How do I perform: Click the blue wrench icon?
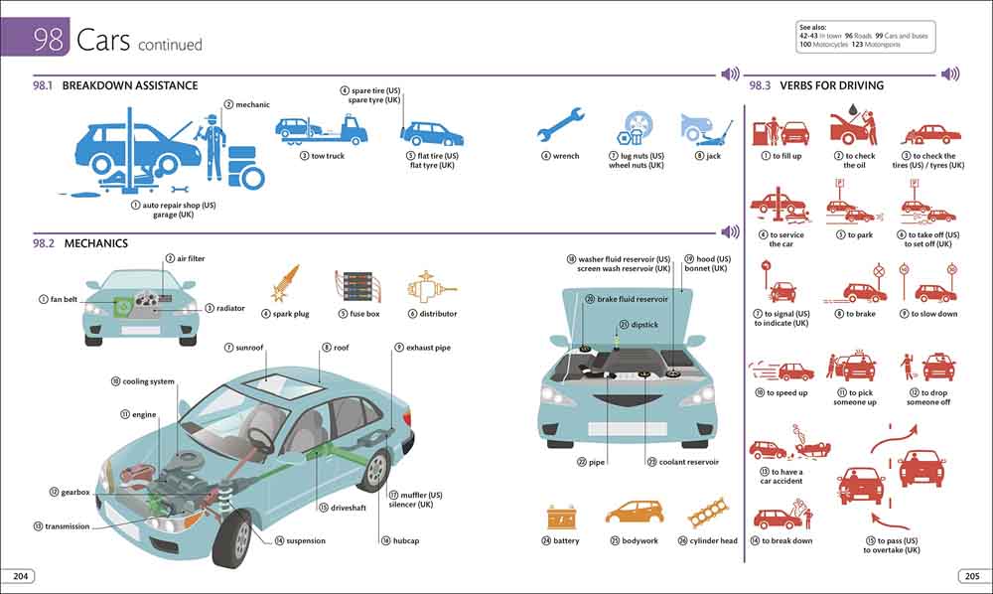point(559,127)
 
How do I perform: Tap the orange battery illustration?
point(561,517)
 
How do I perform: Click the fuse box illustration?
point(357,285)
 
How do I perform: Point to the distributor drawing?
point(431,286)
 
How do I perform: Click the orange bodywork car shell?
point(633,514)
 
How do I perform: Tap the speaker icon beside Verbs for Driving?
point(950,74)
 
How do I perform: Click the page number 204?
point(19,576)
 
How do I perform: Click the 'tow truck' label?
point(328,156)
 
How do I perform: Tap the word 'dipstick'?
point(644,324)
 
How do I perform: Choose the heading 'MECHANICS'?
point(95,243)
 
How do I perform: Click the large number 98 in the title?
point(49,40)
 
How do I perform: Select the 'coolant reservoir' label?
point(688,462)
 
